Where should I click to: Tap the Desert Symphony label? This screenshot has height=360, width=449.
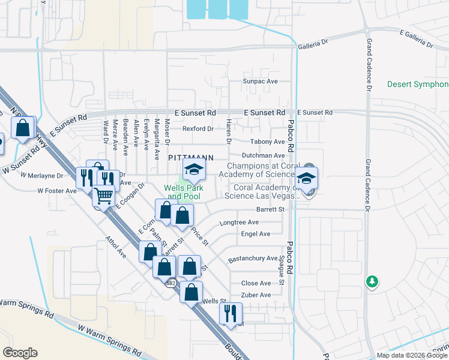417,85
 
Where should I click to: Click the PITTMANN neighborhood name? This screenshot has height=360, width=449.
190,157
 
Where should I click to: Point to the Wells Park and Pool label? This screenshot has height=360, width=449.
184,192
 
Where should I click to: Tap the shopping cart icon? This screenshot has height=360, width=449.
104,195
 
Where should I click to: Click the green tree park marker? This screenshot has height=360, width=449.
373,281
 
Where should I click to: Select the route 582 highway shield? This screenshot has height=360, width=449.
171,282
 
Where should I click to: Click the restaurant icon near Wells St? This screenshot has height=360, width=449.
230,312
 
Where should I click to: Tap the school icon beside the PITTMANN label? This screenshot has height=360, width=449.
194,170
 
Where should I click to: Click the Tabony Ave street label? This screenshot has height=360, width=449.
267,142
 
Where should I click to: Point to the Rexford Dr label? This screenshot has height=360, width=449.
198,128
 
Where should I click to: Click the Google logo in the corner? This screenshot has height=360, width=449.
20,352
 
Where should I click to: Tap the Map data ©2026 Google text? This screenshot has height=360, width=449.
411,355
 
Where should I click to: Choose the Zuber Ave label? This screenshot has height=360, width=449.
255,295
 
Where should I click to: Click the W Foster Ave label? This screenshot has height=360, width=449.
57,191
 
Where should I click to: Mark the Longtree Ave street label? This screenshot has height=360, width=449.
239,222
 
